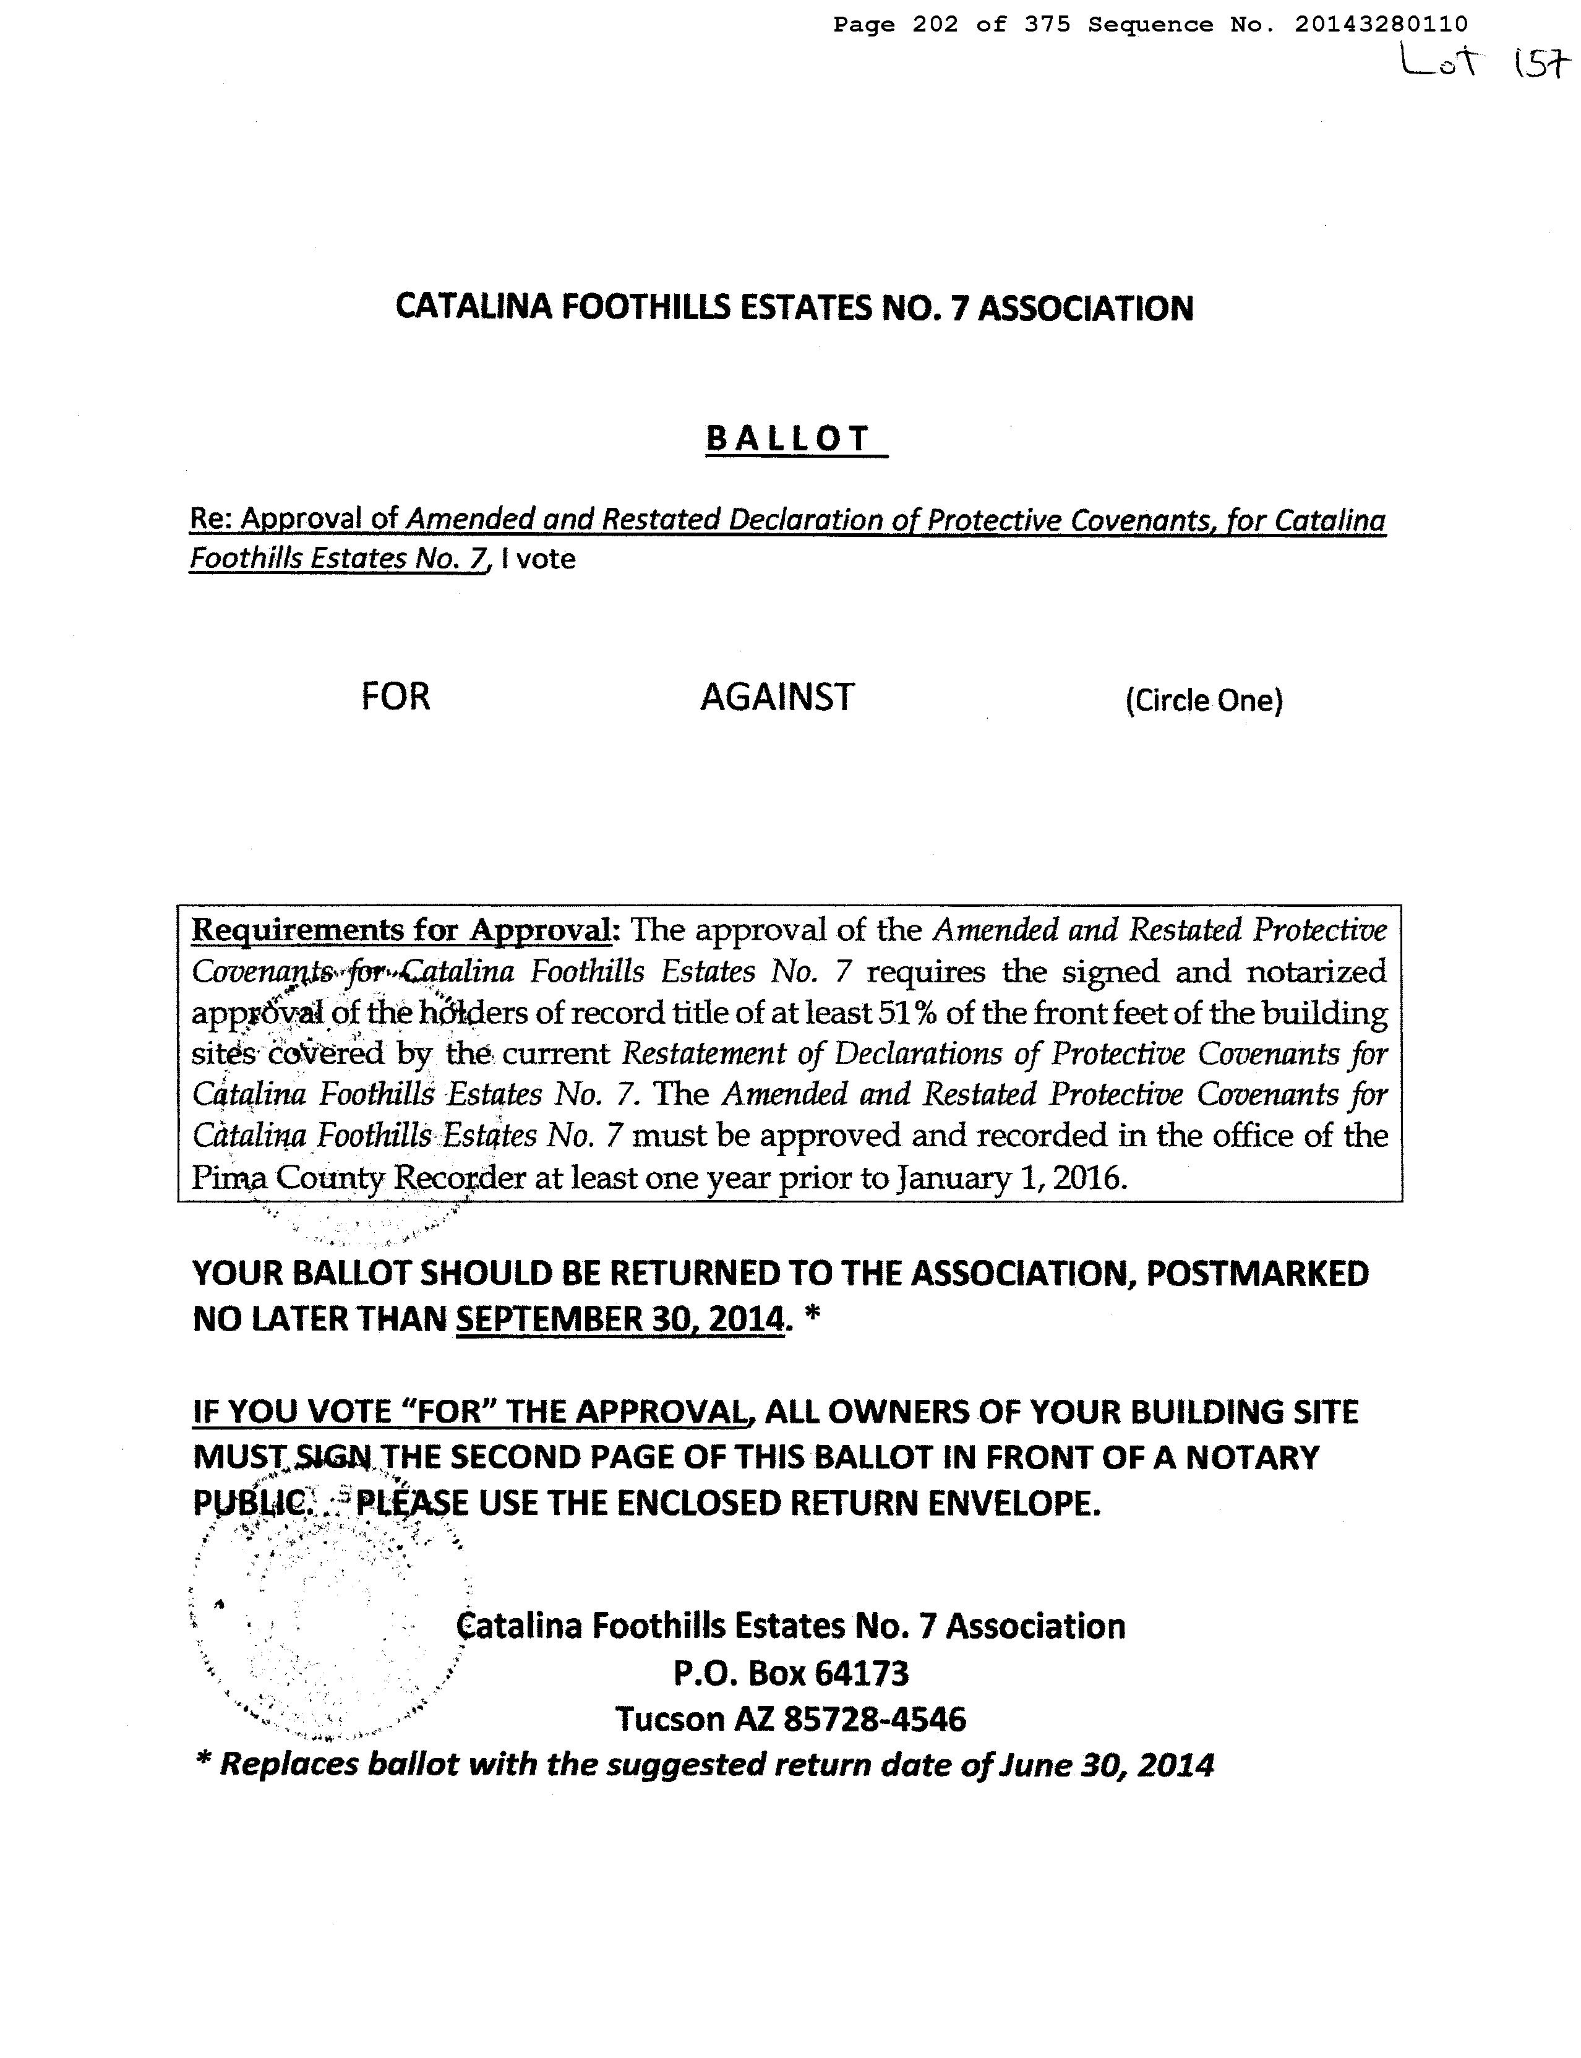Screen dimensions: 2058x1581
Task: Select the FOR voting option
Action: click(395, 697)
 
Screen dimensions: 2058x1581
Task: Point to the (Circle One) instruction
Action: click(1204, 701)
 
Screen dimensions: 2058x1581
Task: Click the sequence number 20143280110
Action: click(1381, 25)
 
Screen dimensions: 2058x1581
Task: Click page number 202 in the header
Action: click(935, 25)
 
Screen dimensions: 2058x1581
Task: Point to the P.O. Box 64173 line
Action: click(790, 1673)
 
